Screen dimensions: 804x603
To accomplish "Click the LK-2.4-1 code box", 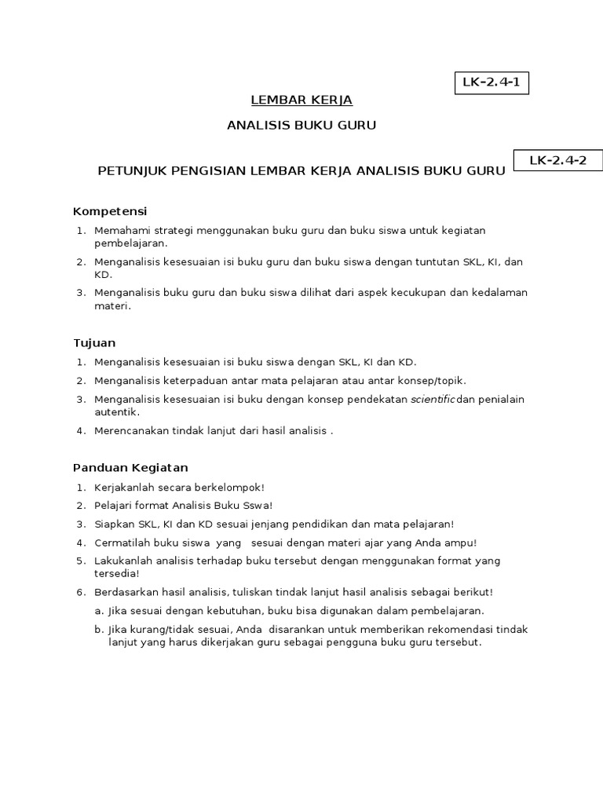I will click(492, 82).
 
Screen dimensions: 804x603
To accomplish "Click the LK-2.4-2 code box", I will click(557, 161).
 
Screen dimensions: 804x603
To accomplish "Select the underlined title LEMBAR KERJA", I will click(301, 100).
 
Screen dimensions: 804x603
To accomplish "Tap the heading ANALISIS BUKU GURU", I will click(301, 126).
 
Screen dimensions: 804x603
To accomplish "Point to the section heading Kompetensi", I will click(110, 211).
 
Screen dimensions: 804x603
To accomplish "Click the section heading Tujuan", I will click(94, 343).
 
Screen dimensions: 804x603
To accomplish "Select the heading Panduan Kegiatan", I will click(130, 468).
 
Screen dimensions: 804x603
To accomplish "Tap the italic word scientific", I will click(433, 399).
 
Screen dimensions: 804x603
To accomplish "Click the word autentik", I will click(116, 411).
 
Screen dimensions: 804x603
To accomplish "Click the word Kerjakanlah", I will click(126, 487).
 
